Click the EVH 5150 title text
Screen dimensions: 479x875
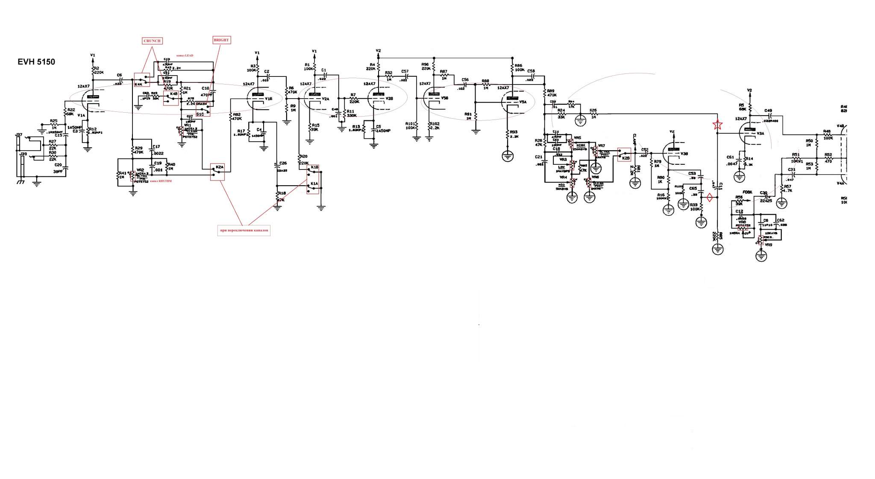36,62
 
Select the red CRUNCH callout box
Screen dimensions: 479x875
152,41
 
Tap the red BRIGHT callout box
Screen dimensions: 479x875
221,40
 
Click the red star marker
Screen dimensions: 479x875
717,125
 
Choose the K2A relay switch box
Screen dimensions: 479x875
217,171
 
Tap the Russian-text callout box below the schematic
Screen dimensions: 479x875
244,231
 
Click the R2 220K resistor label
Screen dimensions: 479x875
98,70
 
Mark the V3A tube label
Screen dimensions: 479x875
760,133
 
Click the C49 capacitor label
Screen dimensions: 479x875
768,111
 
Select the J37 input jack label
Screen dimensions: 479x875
19,135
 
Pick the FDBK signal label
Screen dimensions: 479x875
747,192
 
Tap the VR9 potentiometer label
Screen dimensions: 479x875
769,245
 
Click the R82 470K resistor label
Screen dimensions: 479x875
236,117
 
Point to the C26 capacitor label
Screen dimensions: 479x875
282,163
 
